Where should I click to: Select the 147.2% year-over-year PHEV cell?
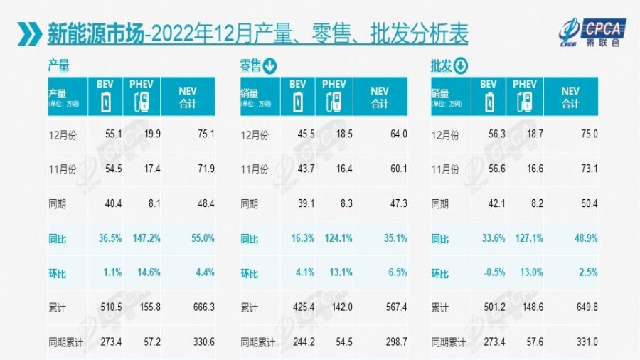point(144,239)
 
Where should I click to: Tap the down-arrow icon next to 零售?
point(270,67)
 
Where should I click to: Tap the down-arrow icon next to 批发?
point(460,67)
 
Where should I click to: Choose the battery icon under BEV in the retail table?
point(298,102)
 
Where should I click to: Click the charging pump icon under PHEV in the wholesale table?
point(526,102)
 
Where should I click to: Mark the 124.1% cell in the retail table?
point(336,239)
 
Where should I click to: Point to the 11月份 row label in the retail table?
point(256,169)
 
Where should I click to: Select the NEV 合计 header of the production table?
point(187,97)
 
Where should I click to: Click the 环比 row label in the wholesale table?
point(440,274)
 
